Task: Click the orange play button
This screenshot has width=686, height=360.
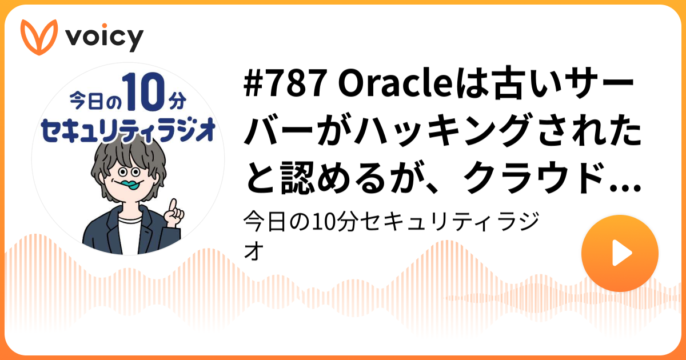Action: click(x=620, y=253)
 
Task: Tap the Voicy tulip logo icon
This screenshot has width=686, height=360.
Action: click(x=39, y=37)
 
